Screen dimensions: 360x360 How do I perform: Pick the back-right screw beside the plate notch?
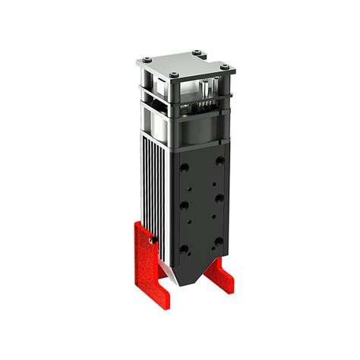tap(199, 51)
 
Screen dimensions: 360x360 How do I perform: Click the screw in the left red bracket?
tap(153, 242)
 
